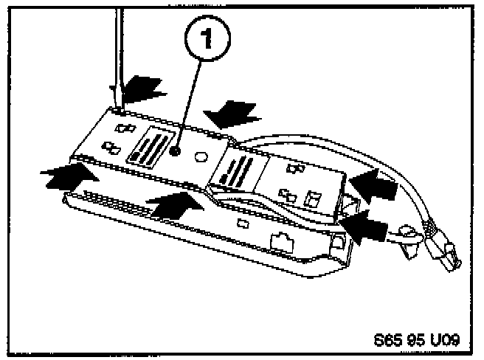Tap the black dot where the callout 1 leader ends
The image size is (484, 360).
pyautogui.click(x=175, y=150)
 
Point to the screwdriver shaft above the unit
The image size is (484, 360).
pyautogui.click(x=114, y=44)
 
